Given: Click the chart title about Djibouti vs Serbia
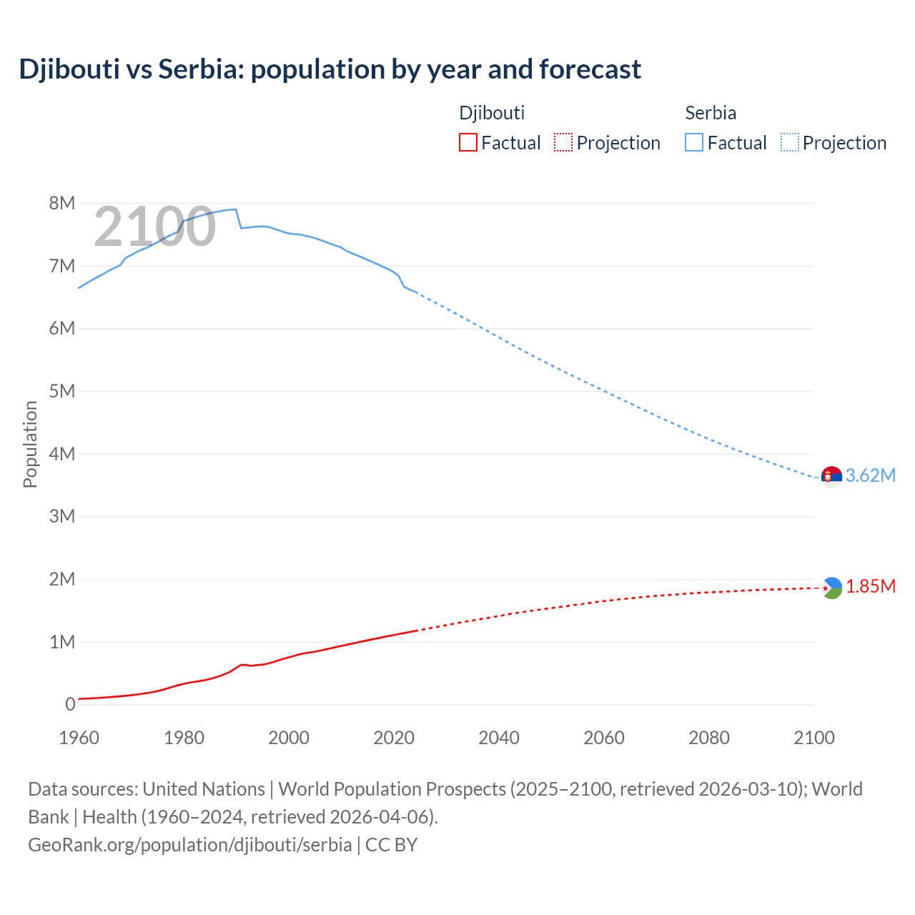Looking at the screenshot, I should pyautogui.click(x=330, y=69).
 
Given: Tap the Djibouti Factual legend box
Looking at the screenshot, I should pyautogui.click(x=468, y=142).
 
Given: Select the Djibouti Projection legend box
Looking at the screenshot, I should pyautogui.click(x=563, y=142).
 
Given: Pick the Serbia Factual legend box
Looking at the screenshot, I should pyautogui.click(x=694, y=142).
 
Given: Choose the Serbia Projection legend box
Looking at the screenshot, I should pyautogui.click(x=790, y=142).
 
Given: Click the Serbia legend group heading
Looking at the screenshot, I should pyautogui.click(x=710, y=113).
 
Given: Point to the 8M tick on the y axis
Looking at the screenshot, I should pyautogui.click(x=61, y=204).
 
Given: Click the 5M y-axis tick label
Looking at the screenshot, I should pyautogui.click(x=61, y=392).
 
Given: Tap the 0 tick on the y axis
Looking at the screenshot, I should pyautogui.click(x=69, y=705).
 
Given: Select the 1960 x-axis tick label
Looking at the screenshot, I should pyautogui.click(x=79, y=738).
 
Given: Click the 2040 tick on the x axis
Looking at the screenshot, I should pyautogui.click(x=499, y=738).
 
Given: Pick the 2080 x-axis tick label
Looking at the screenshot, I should pyautogui.click(x=709, y=738).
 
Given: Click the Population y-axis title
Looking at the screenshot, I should pyautogui.click(x=30, y=444).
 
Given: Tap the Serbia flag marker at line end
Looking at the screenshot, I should pyautogui.click(x=831, y=476).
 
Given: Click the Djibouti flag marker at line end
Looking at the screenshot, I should pyautogui.click(x=831, y=588).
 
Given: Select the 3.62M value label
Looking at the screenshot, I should pyautogui.click(x=870, y=476).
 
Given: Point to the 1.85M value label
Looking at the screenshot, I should pyautogui.click(x=871, y=587).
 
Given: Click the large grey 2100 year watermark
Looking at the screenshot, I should pyautogui.click(x=154, y=227).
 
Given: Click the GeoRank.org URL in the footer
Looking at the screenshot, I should pyautogui.click(x=189, y=845).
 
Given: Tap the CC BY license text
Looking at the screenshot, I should pyautogui.click(x=391, y=845).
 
